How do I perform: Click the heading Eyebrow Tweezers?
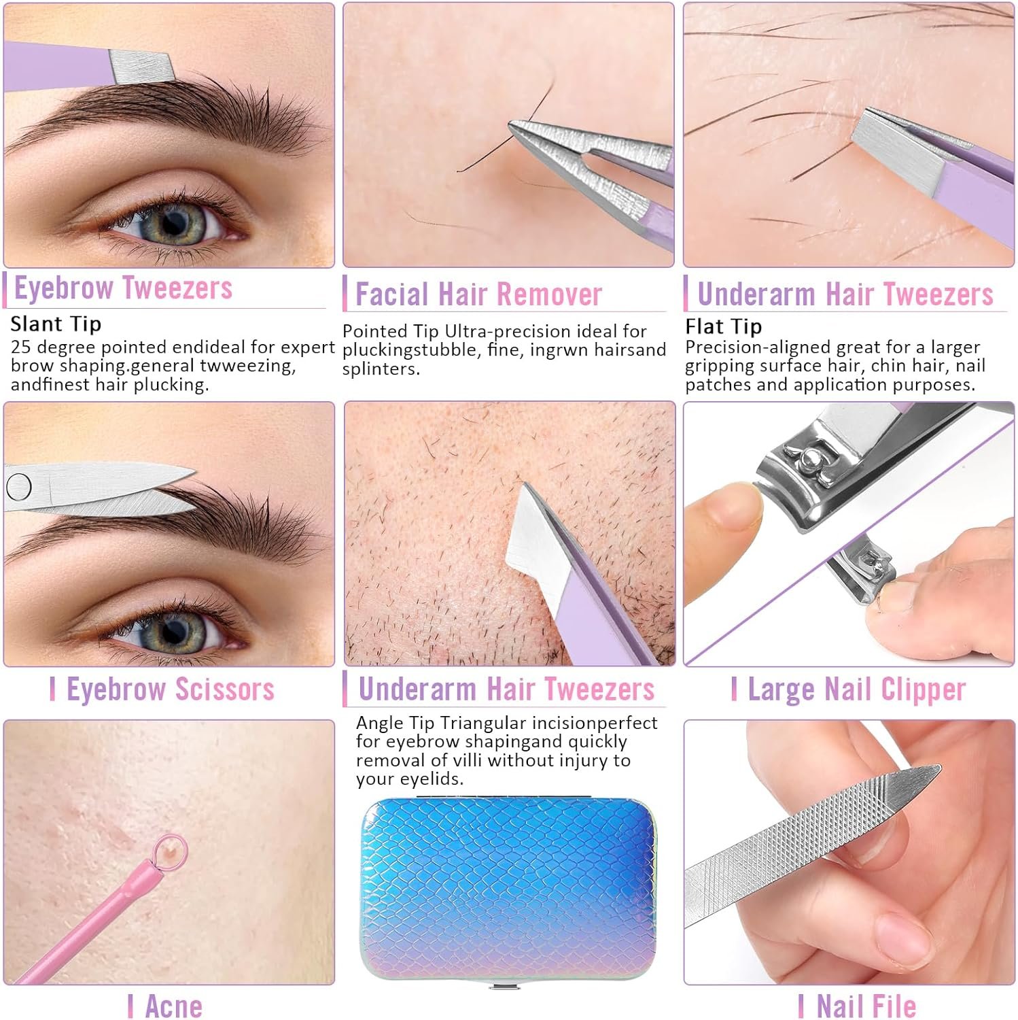click(x=123, y=288)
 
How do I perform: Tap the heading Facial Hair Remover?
click(x=478, y=294)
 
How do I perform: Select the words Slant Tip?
click(x=56, y=324)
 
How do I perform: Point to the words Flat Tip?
click(x=723, y=326)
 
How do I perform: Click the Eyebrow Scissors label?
click(x=170, y=689)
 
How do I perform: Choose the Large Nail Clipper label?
click(x=856, y=690)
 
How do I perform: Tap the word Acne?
click(x=173, y=1006)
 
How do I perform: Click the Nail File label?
click(x=866, y=1006)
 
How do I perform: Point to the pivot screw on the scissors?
click(x=18, y=486)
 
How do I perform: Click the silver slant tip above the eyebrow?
click(x=141, y=67)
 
